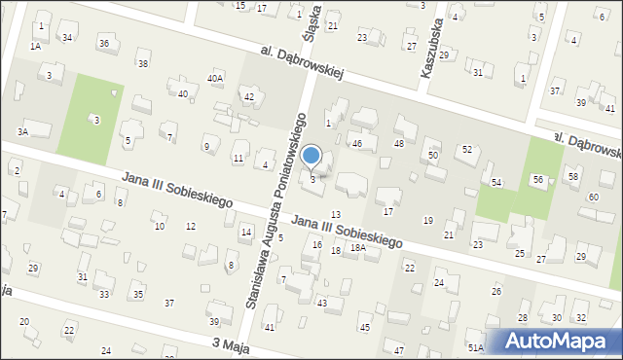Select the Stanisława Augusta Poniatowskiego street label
[276, 209]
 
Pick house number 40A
[215, 78]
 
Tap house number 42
[249, 96]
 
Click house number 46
[357, 144]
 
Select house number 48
[398, 144]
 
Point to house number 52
[467, 149]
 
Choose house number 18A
[358, 248]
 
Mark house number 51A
[475, 347]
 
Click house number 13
[336, 214]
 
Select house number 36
[103, 44]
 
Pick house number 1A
[35, 46]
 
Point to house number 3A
[21, 130]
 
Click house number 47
[398, 349]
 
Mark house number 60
[593, 198]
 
